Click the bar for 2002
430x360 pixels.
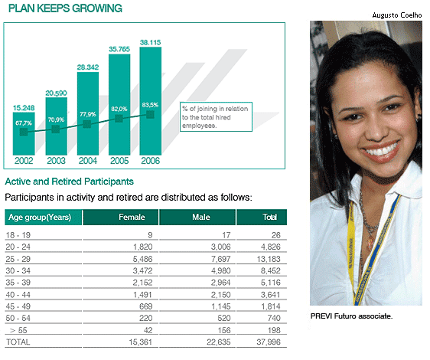(24, 134)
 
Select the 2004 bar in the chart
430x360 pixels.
(88, 113)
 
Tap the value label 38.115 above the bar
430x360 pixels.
(150, 43)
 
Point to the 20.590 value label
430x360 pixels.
(56, 93)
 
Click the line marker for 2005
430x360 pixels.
(119, 119)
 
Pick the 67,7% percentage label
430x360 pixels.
(24, 123)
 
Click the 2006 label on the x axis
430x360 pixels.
(150, 161)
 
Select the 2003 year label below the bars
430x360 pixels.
(56, 161)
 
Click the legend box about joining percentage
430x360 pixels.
(216, 117)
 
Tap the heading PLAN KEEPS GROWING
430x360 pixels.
(65, 8)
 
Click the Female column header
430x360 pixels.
(132, 218)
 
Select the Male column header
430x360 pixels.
(201, 218)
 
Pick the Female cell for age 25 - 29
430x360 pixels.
(142, 259)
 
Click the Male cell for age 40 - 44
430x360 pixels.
(221, 295)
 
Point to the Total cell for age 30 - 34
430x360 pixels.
(271, 270)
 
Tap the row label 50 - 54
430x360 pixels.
(18, 319)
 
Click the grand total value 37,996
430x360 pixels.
(269, 342)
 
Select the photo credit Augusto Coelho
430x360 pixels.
(397, 15)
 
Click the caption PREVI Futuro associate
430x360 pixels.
(351, 316)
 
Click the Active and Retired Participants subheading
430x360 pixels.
(70, 182)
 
